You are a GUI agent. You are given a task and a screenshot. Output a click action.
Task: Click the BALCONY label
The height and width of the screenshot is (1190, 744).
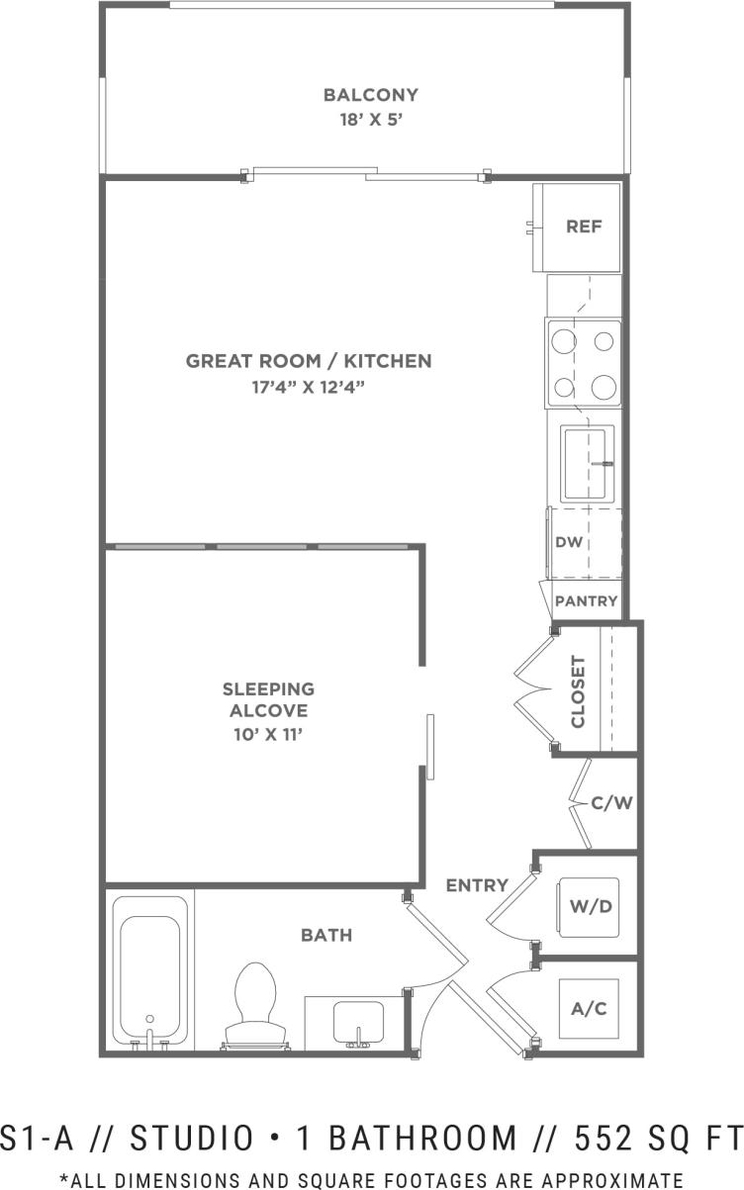(370, 95)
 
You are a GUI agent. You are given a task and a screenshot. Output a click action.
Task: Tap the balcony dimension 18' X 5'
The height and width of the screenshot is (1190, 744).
(370, 120)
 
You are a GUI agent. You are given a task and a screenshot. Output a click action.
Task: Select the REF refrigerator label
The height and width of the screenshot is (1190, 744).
(584, 227)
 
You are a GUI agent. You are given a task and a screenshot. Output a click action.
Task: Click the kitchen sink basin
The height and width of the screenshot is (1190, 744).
(587, 462)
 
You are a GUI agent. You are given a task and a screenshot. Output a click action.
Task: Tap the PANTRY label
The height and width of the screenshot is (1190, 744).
(586, 600)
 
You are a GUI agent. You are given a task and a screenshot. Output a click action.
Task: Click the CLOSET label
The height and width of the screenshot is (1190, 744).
(578, 691)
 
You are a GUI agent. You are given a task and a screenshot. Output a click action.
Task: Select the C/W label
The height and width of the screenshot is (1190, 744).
(610, 802)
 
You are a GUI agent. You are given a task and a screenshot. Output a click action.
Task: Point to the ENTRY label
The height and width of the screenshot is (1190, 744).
(476, 885)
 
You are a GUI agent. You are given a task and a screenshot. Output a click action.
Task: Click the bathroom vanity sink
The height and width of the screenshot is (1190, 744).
(356, 1020)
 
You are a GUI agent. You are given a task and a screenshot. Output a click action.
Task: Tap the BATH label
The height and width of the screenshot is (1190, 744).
(326, 934)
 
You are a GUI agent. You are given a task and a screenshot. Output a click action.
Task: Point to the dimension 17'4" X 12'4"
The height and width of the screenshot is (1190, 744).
(309, 387)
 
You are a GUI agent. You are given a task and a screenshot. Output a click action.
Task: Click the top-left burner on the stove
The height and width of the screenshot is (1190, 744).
(564, 341)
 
